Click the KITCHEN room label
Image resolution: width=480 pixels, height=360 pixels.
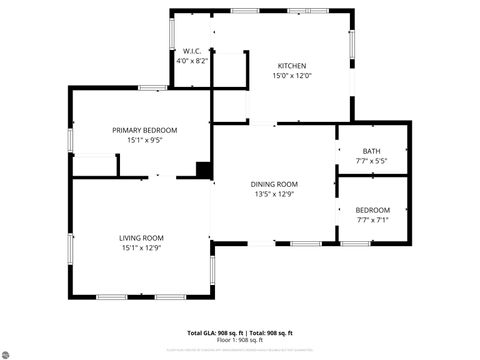(291, 66)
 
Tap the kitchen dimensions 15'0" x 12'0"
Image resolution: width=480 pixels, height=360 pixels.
(291, 76)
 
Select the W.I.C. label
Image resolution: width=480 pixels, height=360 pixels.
(193, 51)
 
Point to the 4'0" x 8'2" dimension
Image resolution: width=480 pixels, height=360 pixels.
(193, 61)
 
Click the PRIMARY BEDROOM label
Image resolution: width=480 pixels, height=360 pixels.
(144, 130)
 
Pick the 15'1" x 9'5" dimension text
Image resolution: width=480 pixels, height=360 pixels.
(144, 140)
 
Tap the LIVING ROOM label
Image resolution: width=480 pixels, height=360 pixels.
(141, 237)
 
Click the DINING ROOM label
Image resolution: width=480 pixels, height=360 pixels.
(275, 184)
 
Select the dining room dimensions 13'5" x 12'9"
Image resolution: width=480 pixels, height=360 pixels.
(275, 194)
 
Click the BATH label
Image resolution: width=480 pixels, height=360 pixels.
(371, 151)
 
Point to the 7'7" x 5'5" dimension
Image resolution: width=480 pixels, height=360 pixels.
(371, 161)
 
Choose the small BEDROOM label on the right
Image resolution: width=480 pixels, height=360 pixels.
(371, 209)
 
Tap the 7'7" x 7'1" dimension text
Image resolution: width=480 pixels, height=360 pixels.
(371, 219)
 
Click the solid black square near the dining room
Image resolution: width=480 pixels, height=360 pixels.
(204, 169)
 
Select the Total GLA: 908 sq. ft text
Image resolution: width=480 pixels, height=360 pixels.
(213, 332)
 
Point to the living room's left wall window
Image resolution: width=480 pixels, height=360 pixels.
(70, 246)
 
